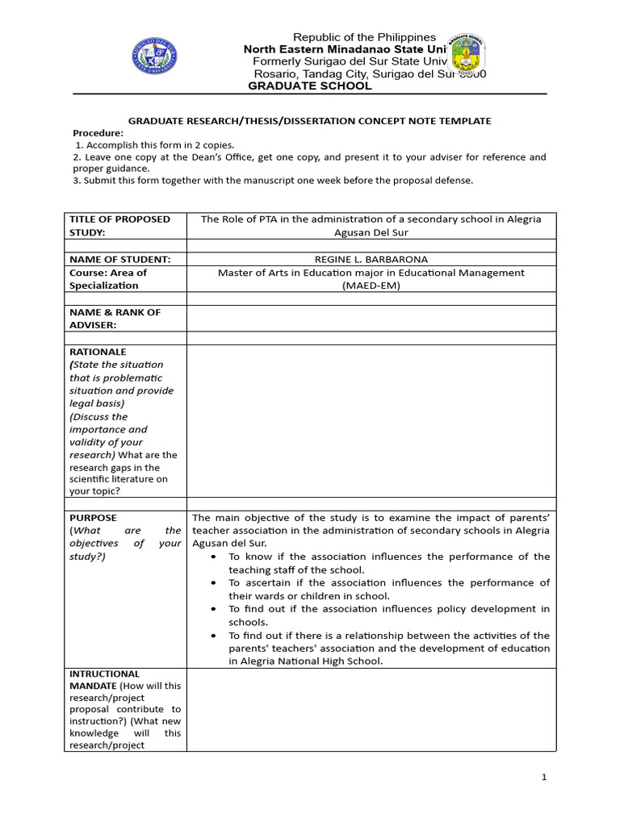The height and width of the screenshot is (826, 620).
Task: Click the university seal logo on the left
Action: coord(154,56)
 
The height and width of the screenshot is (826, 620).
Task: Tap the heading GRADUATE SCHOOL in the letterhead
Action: coord(309,86)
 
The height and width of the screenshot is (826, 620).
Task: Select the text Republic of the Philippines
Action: coord(364,37)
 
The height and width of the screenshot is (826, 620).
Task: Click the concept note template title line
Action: coord(310,121)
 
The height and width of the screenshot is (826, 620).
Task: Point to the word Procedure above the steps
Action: coord(98,133)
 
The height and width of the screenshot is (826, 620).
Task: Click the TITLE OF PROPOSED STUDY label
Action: coord(119,226)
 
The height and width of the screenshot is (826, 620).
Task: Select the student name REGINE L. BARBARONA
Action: coord(371,259)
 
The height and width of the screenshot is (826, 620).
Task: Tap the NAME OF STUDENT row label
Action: coord(119,259)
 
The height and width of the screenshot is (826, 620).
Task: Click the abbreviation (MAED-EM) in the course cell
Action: coord(371,286)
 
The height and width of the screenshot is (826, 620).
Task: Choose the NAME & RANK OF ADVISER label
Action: coord(115,319)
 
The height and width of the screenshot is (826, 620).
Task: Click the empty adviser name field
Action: coord(371,319)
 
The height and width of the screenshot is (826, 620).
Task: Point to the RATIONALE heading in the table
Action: coord(98,353)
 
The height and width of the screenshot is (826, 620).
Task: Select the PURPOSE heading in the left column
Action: coord(93,518)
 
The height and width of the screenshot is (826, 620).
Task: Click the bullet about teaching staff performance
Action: coord(387,563)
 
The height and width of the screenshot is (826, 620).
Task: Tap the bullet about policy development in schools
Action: coord(387,615)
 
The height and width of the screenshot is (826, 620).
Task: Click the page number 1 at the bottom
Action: coord(544,778)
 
